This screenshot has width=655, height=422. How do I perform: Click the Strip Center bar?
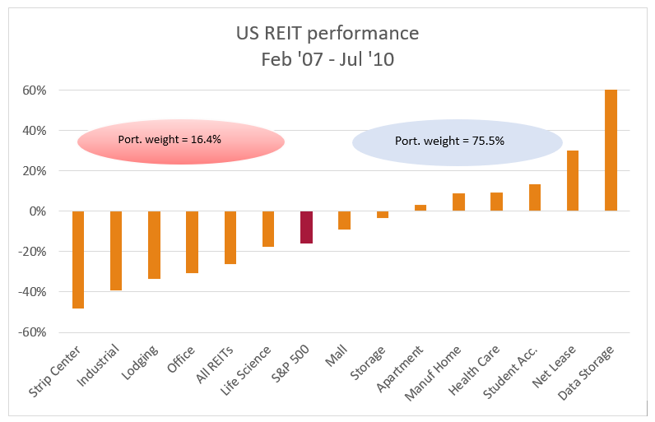(x=78, y=259)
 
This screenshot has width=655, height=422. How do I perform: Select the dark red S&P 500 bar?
(x=306, y=227)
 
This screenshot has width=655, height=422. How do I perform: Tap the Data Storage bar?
(x=611, y=151)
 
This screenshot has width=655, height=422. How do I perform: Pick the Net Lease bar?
(x=573, y=181)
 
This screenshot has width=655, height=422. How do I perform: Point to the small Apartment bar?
(x=420, y=208)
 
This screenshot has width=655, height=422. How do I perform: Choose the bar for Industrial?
(x=116, y=250)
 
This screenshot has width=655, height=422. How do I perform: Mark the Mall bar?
(x=344, y=220)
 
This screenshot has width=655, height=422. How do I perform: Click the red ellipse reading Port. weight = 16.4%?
(x=181, y=141)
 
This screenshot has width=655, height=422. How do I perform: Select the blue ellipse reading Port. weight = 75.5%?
(x=457, y=142)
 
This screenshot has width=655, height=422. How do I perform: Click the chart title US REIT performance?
(x=327, y=34)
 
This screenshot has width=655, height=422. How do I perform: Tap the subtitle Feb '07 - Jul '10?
(x=327, y=59)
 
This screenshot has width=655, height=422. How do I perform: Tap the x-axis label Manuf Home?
(x=444, y=368)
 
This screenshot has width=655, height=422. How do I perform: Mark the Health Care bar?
(x=496, y=202)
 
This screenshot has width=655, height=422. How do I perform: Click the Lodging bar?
(x=154, y=245)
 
